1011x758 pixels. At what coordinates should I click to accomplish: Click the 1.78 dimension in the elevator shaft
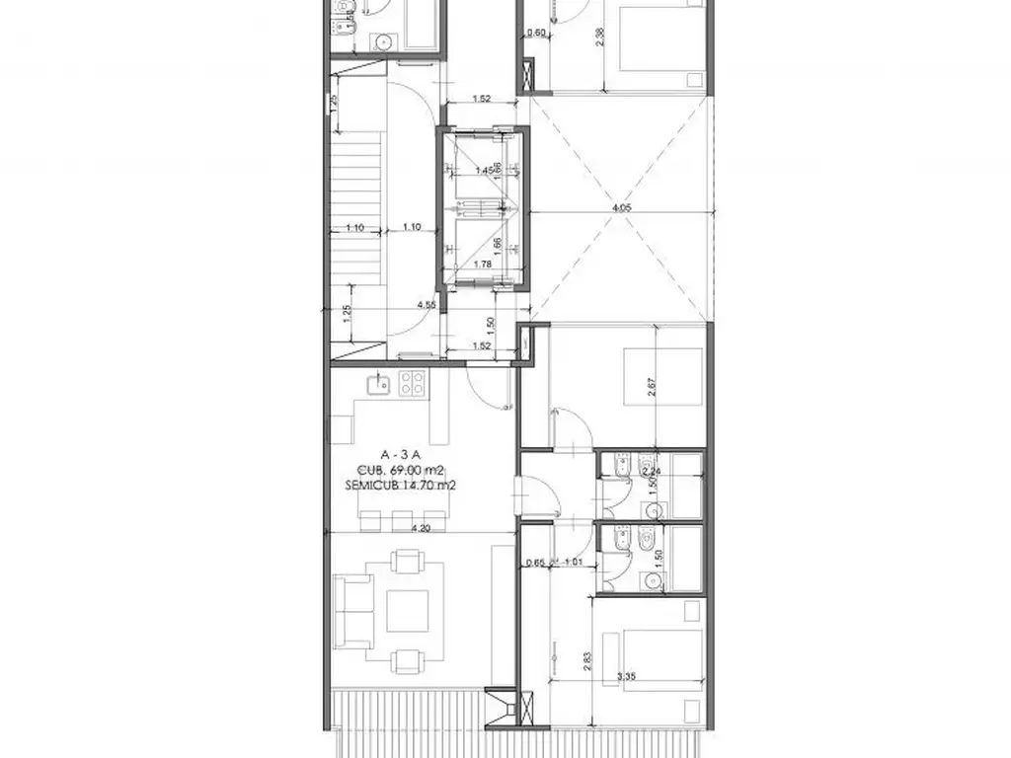(x=483, y=264)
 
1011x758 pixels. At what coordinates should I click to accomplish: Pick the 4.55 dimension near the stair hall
(x=427, y=305)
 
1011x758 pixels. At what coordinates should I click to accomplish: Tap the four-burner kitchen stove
(x=412, y=383)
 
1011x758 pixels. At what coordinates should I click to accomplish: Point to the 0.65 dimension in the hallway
(x=536, y=564)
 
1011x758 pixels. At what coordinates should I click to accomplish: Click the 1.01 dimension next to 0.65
(x=572, y=564)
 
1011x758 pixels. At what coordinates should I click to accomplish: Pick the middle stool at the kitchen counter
(x=401, y=520)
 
